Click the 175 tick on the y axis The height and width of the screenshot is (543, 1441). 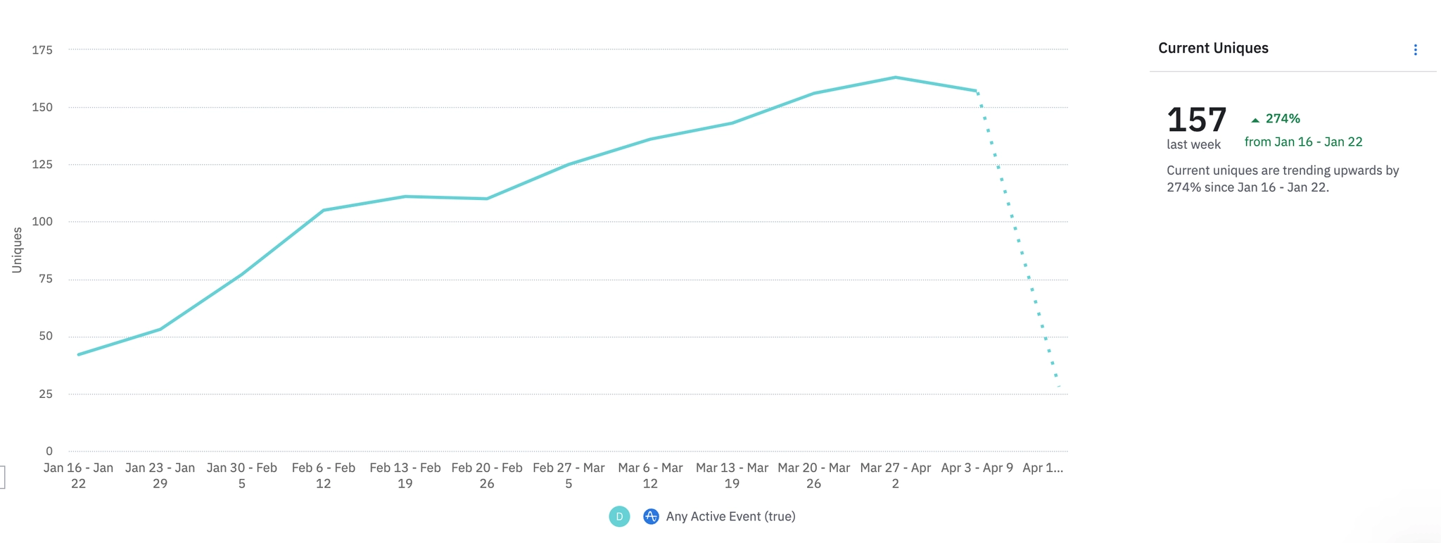[42, 50]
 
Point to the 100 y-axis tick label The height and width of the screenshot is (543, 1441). [42, 222]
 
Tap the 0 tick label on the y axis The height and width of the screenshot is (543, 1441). [49, 451]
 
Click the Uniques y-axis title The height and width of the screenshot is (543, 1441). [17, 250]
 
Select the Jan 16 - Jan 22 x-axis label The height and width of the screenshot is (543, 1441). [78, 475]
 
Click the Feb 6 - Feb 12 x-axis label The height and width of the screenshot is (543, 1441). [323, 475]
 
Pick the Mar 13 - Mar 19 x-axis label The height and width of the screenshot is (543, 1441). [732, 475]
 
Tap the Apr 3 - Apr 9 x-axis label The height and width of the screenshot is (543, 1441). [977, 468]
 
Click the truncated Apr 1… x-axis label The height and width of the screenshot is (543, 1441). [1042, 468]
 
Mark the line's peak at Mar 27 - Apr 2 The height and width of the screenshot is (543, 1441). [896, 77]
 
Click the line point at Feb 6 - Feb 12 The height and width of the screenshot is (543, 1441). [324, 210]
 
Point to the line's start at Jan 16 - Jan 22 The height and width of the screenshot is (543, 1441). [79, 354]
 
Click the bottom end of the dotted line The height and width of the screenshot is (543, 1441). [1058, 386]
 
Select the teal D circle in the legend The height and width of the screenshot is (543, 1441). [619, 516]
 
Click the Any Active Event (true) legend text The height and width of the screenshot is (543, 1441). [730, 516]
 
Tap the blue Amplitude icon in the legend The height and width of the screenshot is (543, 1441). [651, 516]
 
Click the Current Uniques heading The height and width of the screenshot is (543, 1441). [1213, 48]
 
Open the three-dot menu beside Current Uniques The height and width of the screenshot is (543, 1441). [1415, 50]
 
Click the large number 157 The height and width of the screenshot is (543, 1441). [1196, 120]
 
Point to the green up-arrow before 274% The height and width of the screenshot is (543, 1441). [1255, 120]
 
